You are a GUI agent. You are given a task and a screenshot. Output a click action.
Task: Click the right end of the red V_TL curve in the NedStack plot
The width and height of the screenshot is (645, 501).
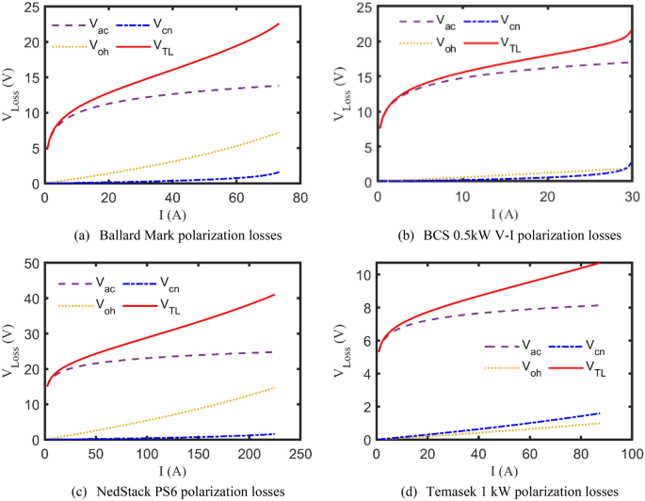coord(275,295)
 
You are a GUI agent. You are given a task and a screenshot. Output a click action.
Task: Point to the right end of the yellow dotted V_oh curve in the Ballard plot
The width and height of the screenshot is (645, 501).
coord(279,133)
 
